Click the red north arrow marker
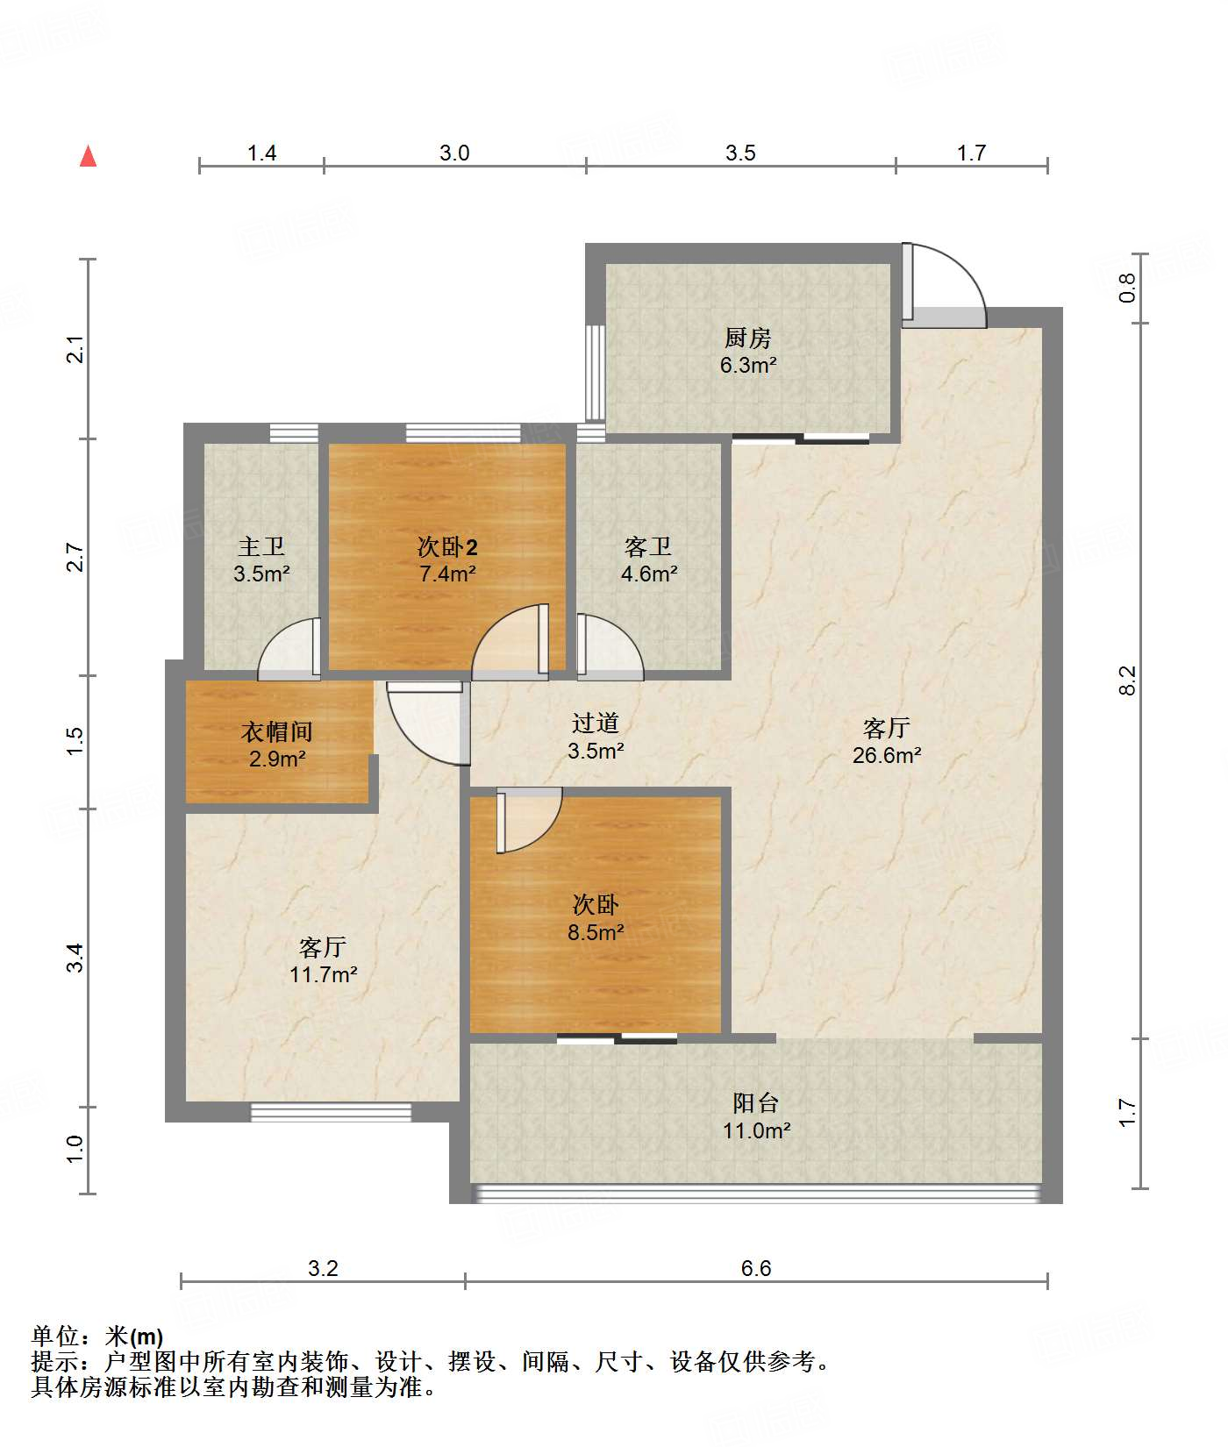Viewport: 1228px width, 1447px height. coord(88,156)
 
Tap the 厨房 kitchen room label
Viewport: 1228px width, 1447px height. coord(747,338)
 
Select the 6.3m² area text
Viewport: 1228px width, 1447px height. coord(748,365)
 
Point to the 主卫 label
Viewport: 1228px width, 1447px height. coord(261,546)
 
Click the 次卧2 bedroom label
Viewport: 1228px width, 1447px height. coord(447,547)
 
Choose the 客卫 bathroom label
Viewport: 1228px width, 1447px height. coord(648,546)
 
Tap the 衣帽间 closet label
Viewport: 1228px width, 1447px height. coord(277,731)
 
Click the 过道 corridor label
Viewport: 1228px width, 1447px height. coord(596,723)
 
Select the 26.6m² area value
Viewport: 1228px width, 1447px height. coord(887,755)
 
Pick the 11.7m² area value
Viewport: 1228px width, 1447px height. coord(324,974)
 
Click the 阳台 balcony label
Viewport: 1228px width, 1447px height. coord(756,1103)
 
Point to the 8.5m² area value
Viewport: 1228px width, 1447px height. coord(596,932)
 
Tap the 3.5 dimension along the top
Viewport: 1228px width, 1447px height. coord(740,153)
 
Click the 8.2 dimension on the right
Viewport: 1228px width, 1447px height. coord(1127,681)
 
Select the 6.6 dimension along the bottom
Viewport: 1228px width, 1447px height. coord(756,1269)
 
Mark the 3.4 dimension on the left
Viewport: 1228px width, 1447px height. coord(75,957)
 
